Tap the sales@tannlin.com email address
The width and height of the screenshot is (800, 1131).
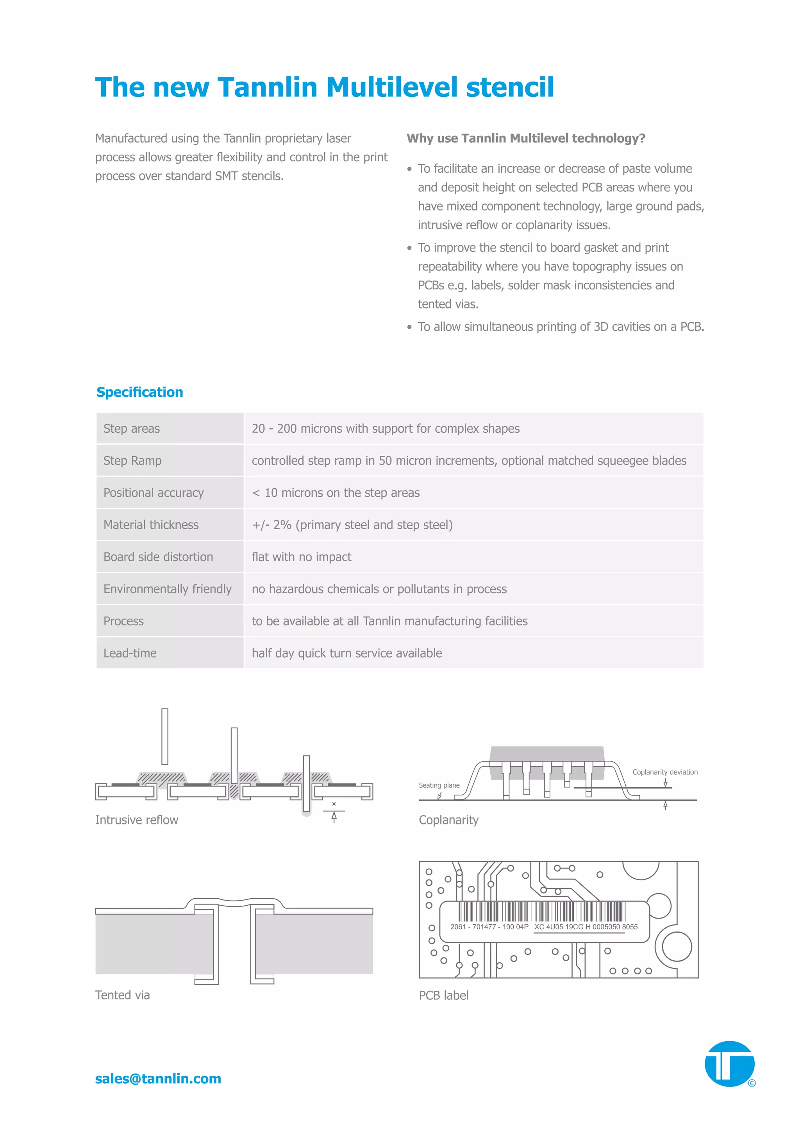coord(158,1078)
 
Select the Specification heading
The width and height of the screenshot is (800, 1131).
coord(139,392)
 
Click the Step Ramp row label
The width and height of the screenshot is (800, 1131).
coord(132,460)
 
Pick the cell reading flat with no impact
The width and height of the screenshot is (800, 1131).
coord(302,557)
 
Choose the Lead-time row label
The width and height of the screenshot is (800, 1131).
coord(130,653)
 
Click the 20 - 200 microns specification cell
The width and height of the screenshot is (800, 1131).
coord(385,428)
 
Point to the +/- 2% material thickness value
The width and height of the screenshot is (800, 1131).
coord(352,525)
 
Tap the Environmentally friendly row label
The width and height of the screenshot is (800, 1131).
coord(167,589)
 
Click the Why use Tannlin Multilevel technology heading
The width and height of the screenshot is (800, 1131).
coord(526,138)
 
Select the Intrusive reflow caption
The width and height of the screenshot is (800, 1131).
coord(136,820)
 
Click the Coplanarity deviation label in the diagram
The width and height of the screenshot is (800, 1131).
coord(664,772)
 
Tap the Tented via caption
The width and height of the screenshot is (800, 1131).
coord(122,995)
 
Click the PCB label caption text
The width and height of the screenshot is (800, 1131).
coord(443,995)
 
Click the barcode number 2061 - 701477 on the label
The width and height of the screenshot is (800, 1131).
coord(489,927)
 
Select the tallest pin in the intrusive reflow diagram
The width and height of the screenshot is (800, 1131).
coord(164,737)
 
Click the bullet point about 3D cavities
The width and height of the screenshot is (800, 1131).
coord(561,327)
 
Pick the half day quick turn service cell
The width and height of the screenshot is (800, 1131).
coord(347,653)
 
